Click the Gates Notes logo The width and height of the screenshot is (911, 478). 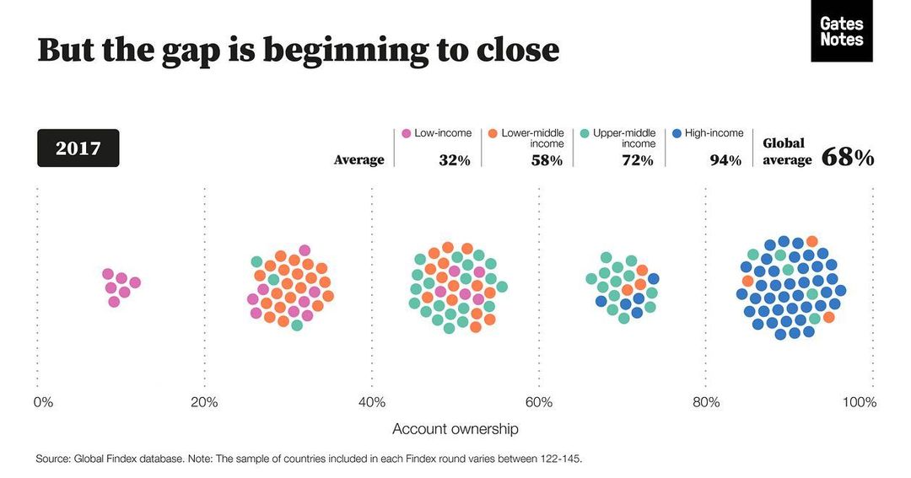coord(841,31)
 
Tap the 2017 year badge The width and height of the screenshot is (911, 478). coord(78,148)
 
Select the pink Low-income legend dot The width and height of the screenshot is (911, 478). coord(406,133)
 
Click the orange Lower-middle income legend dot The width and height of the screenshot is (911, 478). coord(493,133)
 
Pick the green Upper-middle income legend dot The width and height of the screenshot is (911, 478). coord(584,133)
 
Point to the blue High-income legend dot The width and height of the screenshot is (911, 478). coord(677,133)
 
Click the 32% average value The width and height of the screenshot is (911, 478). coord(454,160)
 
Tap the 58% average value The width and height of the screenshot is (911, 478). coord(547,160)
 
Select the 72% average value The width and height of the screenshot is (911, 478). coord(638,160)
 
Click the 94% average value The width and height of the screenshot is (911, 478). coord(725,160)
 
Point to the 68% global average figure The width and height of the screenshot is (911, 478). coord(847,158)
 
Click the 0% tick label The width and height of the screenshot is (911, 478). coord(43,402)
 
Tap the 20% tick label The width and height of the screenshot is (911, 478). coord(204,402)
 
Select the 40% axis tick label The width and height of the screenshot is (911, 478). coord(372,402)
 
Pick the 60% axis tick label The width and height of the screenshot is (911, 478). coord(539,402)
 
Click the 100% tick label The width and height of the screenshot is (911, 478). coord(859,402)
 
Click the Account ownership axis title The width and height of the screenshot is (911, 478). coord(455,429)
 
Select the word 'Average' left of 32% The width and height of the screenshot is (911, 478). coord(358,160)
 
